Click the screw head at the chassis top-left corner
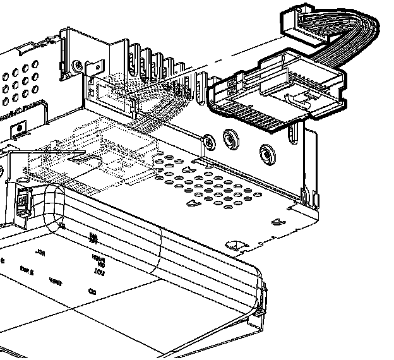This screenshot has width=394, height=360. tap(77, 64)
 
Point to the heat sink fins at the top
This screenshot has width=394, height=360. tap(152, 60)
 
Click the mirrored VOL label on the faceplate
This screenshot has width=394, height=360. tap(99, 272)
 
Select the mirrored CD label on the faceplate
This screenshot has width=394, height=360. tap(92, 292)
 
